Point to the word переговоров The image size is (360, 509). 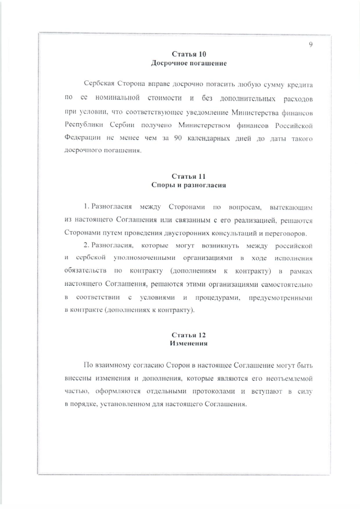(x=286, y=233)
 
